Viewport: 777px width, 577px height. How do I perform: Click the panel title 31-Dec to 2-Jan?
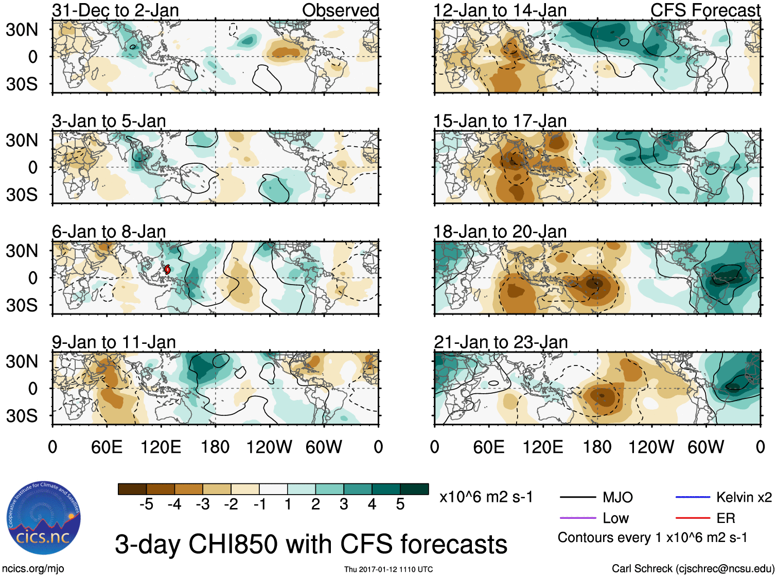(x=115, y=10)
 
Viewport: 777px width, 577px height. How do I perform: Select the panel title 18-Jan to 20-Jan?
(x=500, y=232)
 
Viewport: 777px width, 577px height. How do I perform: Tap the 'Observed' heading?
(x=340, y=10)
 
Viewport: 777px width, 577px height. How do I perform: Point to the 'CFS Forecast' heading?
(x=705, y=10)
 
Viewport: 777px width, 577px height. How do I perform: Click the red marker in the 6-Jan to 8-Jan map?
(x=167, y=269)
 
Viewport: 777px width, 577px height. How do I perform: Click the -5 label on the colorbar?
(x=146, y=504)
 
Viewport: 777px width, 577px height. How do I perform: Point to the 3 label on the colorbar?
(x=344, y=504)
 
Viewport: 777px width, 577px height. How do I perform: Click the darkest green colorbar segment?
(x=414, y=489)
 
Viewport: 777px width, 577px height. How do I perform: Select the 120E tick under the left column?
(x=161, y=447)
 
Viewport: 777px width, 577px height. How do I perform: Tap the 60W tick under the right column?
(x=705, y=447)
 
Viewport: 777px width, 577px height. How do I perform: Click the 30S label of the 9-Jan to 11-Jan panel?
(x=22, y=415)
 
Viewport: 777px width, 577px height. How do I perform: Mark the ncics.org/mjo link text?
(x=33, y=569)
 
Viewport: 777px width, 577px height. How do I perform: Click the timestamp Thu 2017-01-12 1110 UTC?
(x=388, y=569)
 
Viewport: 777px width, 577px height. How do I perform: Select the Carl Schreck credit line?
(x=693, y=569)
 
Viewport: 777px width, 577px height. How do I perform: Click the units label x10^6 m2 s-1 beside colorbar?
(x=486, y=497)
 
